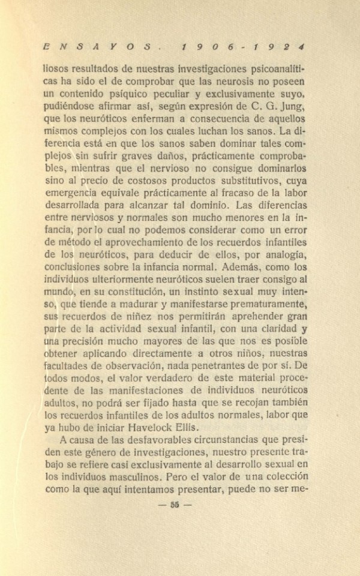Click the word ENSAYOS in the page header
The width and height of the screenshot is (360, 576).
(x=96, y=45)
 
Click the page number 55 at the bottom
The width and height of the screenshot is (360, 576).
(x=175, y=504)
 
